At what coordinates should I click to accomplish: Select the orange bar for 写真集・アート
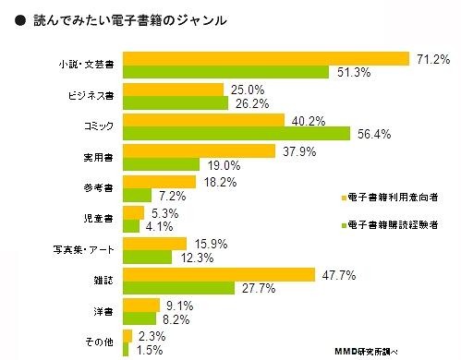coord(153,243)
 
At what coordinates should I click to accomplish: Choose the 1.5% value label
coord(150,349)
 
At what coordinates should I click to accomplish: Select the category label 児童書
coord(97,219)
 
